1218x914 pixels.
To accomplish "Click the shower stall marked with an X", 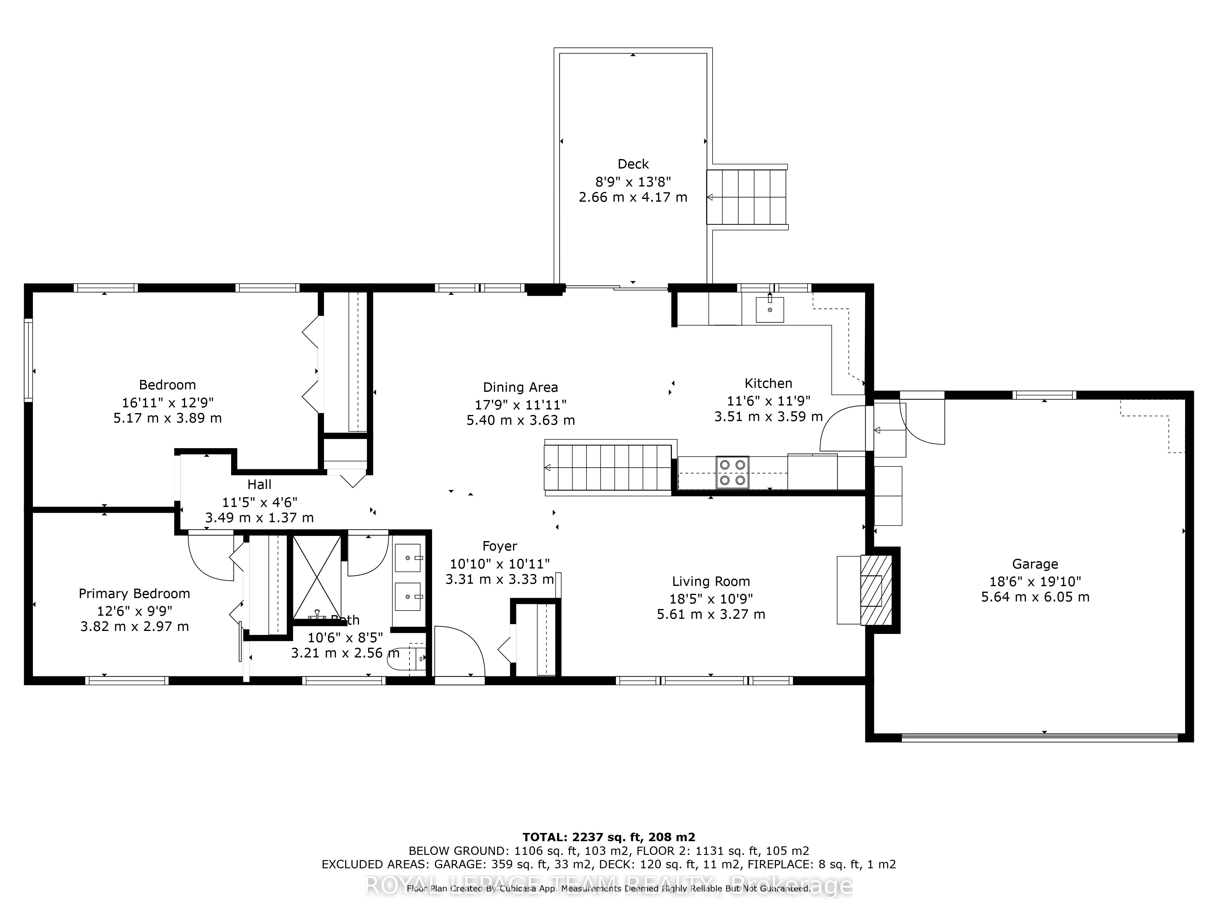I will [317, 577].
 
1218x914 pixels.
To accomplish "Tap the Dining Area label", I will [520, 387].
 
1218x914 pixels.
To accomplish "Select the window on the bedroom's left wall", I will [28, 359].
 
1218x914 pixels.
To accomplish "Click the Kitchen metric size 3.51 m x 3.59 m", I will [768, 416].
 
